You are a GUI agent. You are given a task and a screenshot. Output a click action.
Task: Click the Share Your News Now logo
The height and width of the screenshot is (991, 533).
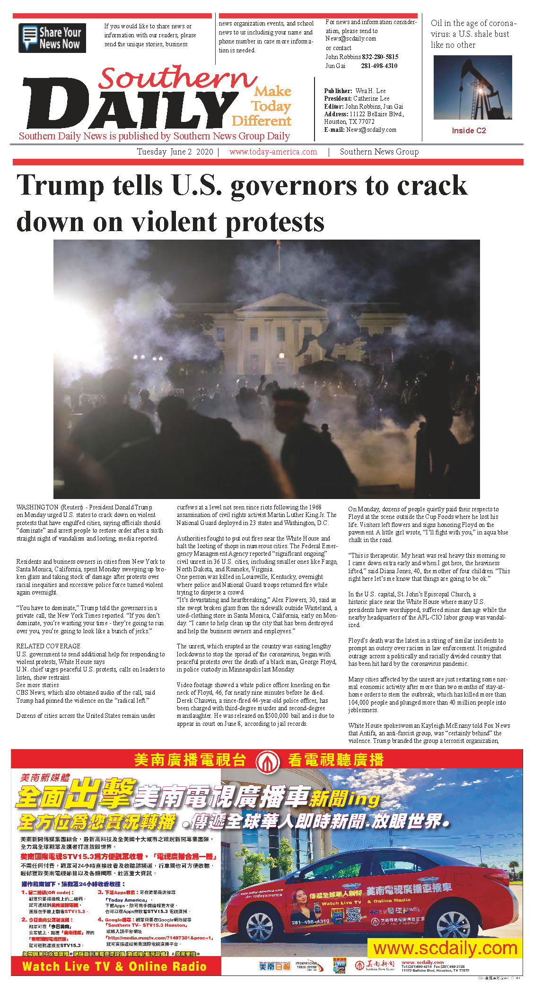pos(52,38)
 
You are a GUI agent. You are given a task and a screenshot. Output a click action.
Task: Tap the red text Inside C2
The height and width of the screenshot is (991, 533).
pos(468,130)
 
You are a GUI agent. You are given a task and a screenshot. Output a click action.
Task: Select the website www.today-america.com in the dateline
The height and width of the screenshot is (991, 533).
pos(273,152)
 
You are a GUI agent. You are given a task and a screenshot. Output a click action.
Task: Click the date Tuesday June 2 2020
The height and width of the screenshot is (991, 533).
pos(175,152)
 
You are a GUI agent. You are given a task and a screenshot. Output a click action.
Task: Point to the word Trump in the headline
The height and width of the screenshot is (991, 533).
pos(60,185)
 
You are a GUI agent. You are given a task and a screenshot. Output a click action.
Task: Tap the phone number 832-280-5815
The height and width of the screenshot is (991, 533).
pos(380,57)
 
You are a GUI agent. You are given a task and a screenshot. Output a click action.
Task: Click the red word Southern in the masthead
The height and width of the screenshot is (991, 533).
pos(177,78)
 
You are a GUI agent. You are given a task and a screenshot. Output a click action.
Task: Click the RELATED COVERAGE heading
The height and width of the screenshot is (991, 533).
pos(48,646)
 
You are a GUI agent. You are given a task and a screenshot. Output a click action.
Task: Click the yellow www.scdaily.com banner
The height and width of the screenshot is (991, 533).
pos(445,948)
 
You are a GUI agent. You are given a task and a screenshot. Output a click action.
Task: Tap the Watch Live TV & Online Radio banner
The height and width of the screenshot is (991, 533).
pos(115,966)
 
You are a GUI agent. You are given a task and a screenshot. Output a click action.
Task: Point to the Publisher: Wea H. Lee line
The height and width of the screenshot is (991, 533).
pos(355,91)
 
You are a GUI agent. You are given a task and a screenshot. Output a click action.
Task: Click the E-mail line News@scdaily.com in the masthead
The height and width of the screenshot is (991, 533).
pos(360,129)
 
